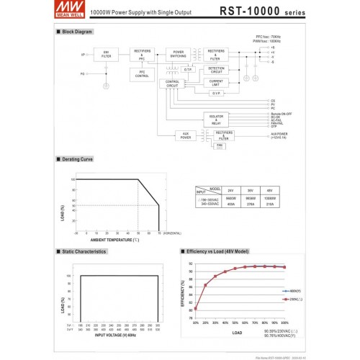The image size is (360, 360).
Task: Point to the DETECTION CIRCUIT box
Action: (x=217, y=70)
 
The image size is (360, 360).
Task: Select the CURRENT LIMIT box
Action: (x=217, y=84)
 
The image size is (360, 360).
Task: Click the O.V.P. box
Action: (x=217, y=93)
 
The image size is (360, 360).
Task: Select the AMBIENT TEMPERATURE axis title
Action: (x=114, y=239)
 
